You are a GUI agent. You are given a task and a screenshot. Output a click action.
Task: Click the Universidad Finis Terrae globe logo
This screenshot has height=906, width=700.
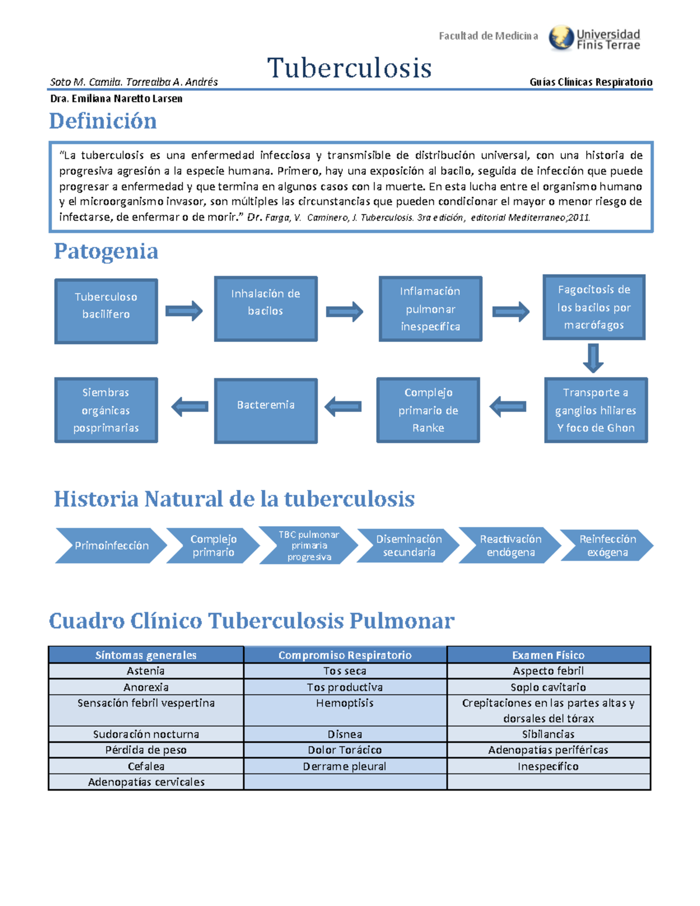[x=561, y=38]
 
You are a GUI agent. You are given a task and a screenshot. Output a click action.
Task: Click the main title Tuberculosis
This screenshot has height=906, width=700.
[x=349, y=68]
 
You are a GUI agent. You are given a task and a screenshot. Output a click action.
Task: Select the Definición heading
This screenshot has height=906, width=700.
[x=103, y=121]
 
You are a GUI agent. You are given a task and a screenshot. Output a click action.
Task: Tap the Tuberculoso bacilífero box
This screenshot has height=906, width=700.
[x=106, y=311]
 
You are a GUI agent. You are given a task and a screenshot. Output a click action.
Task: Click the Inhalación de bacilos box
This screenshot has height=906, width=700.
[x=265, y=308]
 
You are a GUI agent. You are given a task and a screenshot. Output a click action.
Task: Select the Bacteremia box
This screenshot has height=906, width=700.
[x=265, y=410]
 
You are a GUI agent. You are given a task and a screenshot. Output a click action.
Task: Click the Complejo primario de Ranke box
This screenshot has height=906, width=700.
[x=428, y=410]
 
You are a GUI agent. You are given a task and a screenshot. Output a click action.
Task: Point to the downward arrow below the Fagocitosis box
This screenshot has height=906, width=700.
[x=593, y=358]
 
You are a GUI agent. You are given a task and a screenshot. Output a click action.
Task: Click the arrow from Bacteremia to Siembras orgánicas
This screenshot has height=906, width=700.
[x=190, y=407]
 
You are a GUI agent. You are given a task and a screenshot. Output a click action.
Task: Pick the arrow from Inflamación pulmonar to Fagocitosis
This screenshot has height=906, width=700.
[x=510, y=312]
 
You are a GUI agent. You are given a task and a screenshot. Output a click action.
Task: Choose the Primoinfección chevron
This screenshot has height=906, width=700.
[x=111, y=545]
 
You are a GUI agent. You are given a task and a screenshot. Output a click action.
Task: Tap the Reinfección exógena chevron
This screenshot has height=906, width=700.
[x=607, y=545]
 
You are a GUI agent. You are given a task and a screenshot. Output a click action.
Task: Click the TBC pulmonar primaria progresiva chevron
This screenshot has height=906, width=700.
[x=309, y=545]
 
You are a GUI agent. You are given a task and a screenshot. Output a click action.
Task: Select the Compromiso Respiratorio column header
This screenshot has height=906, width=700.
[x=345, y=655]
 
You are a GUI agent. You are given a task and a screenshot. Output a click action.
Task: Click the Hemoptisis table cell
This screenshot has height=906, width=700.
[x=345, y=703]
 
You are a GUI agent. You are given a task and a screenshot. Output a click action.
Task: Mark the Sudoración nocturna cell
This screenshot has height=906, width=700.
[x=146, y=734]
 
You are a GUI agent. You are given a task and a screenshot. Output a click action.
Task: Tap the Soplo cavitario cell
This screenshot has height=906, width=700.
[x=548, y=687]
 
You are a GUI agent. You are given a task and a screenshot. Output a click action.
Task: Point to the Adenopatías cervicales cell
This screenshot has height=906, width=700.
[x=146, y=782]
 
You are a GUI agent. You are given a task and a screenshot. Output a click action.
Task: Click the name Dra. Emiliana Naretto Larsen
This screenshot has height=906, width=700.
[x=116, y=99]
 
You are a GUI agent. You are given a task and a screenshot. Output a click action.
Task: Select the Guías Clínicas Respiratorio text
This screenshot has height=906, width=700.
[x=590, y=82]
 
